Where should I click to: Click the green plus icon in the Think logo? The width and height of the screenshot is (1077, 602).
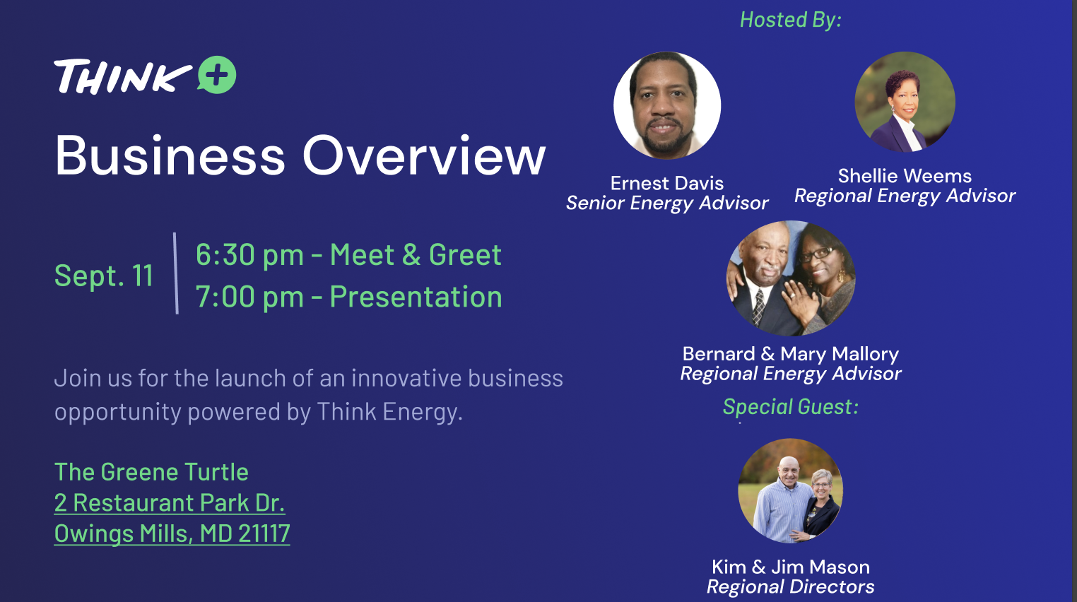[x=217, y=75]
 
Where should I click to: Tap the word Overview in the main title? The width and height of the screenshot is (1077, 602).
[x=424, y=155]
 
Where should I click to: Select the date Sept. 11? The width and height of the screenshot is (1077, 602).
[x=104, y=276]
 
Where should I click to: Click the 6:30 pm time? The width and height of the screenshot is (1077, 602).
[x=249, y=254]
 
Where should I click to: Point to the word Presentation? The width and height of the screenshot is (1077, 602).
[x=416, y=297]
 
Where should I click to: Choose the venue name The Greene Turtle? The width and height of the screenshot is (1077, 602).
[x=151, y=472]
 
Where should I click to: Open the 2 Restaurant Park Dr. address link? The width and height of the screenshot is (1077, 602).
[x=169, y=503]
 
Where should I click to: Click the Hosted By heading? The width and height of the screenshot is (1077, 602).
[x=791, y=20]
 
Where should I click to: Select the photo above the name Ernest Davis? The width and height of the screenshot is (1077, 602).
[x=667, y=105]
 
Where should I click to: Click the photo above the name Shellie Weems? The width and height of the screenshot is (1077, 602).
[x=905, y=102]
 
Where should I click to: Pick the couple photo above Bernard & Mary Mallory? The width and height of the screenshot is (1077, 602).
[x=791, y=278]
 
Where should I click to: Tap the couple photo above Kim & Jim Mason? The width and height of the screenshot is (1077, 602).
[x=791, y=491]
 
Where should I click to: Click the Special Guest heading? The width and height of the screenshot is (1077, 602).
[x=791, y=407]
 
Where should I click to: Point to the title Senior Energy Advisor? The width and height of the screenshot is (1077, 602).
[x=667, y=203]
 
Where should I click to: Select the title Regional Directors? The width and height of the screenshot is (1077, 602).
[x=791, y=586]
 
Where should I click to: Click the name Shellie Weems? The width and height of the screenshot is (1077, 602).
[x=905, y=176]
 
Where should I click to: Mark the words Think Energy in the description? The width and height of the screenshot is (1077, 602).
[x=389, y=412]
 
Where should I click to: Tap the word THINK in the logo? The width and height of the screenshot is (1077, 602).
[x=122, y=76]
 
